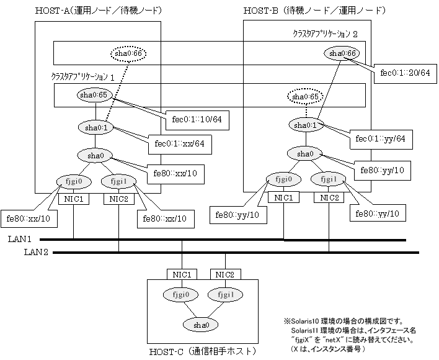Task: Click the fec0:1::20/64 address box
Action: [405, 74]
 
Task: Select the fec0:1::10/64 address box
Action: [197, 120]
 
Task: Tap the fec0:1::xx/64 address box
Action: [180, 145]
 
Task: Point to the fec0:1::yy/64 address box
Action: [381, 139]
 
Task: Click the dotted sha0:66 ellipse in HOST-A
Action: [128, 53]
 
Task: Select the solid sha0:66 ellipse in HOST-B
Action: [342, 53]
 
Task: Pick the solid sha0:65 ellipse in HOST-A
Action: [94, 95]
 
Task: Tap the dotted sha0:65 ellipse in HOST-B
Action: [305, 97]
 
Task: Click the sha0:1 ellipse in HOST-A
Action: [96, 128]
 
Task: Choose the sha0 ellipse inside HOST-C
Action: [200, 325]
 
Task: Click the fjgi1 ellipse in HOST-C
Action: [225, 295]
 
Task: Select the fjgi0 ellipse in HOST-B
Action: [283, 179]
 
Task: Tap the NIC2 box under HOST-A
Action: [118, 199]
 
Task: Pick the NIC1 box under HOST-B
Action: [283, 198]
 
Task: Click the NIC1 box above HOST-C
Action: [182, 274]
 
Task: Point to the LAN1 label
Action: [20, 239]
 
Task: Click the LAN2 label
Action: [36, 252]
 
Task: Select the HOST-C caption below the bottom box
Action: [202, 351]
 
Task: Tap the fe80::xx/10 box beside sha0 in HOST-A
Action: [175, 174]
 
